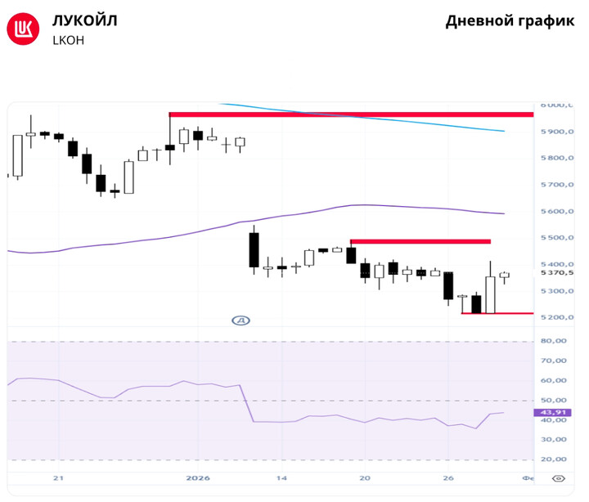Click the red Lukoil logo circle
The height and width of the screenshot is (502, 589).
click(24, 29)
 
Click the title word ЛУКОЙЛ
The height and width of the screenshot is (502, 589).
click(84, 20)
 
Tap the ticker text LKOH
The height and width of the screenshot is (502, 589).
click(68, 39)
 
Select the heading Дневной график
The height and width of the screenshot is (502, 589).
click(510, 21)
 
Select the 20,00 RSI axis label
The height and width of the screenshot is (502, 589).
click(555, 459)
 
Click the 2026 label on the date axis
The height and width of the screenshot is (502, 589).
click(198, 478)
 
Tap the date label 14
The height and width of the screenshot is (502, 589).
click(281, 478)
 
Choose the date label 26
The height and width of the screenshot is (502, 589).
click(447, 478)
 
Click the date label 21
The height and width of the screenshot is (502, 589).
click(57, 478)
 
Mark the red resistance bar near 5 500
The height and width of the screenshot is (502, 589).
click(420, 241)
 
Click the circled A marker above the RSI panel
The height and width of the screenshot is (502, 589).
click(241, 321)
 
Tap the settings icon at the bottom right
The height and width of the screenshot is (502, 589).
click(559, 478)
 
